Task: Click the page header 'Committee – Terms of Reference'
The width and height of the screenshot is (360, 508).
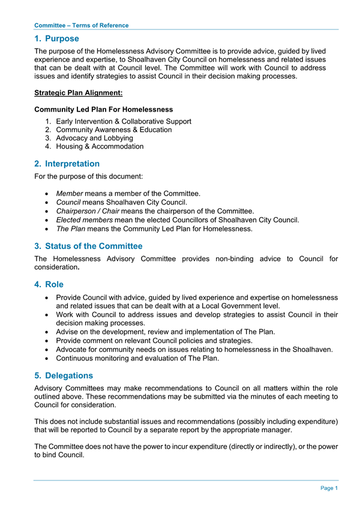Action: [x=81, y=25]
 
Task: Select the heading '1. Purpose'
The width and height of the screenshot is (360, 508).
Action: [x=56, y=38]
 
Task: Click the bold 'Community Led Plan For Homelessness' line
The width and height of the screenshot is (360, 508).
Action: [x=104, y=109]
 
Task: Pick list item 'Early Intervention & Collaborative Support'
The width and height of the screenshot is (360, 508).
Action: [x=123, y=121]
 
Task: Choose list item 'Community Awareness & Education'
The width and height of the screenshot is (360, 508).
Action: [x=113, y=130]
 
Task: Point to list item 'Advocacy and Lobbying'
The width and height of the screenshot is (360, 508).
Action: [x=94, y=138]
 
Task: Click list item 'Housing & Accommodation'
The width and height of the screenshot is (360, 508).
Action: [x=100, y=146]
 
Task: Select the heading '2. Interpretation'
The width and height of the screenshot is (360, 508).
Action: [x=67, y=163]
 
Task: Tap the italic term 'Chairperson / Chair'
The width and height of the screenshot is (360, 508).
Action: [x=87, y=211]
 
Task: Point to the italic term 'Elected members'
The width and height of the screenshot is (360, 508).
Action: [x=84, y=220]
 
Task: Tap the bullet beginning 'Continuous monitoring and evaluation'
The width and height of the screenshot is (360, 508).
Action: [x=137, y=359]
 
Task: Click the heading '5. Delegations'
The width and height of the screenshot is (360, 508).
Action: [x=64, y=375]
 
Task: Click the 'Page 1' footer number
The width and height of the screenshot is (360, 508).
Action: [x=329, y=488]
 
